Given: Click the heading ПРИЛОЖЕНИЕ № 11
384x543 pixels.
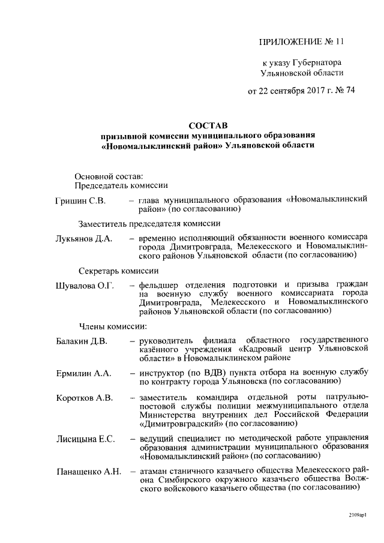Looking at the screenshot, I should click(302, 42).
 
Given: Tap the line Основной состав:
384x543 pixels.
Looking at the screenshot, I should click(109, 176).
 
